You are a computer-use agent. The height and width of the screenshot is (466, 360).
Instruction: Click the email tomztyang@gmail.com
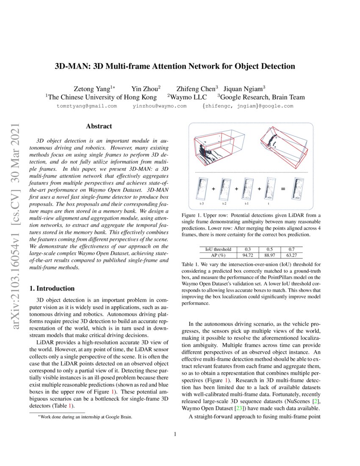(x=86, y=106)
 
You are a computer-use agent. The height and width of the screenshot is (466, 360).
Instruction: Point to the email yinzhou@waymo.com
(x=159, y=106)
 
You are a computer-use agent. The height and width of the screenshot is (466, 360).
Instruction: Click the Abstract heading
(x=99, y=126)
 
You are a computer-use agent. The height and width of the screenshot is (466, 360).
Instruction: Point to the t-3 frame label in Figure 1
(x=202, y=203)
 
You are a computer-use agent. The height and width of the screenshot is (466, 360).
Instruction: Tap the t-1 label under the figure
(x=246, y=203)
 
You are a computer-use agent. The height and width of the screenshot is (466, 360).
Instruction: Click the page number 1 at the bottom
(x=175, y=434)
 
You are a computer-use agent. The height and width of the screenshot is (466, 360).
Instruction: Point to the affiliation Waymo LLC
(x=186, y=97)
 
